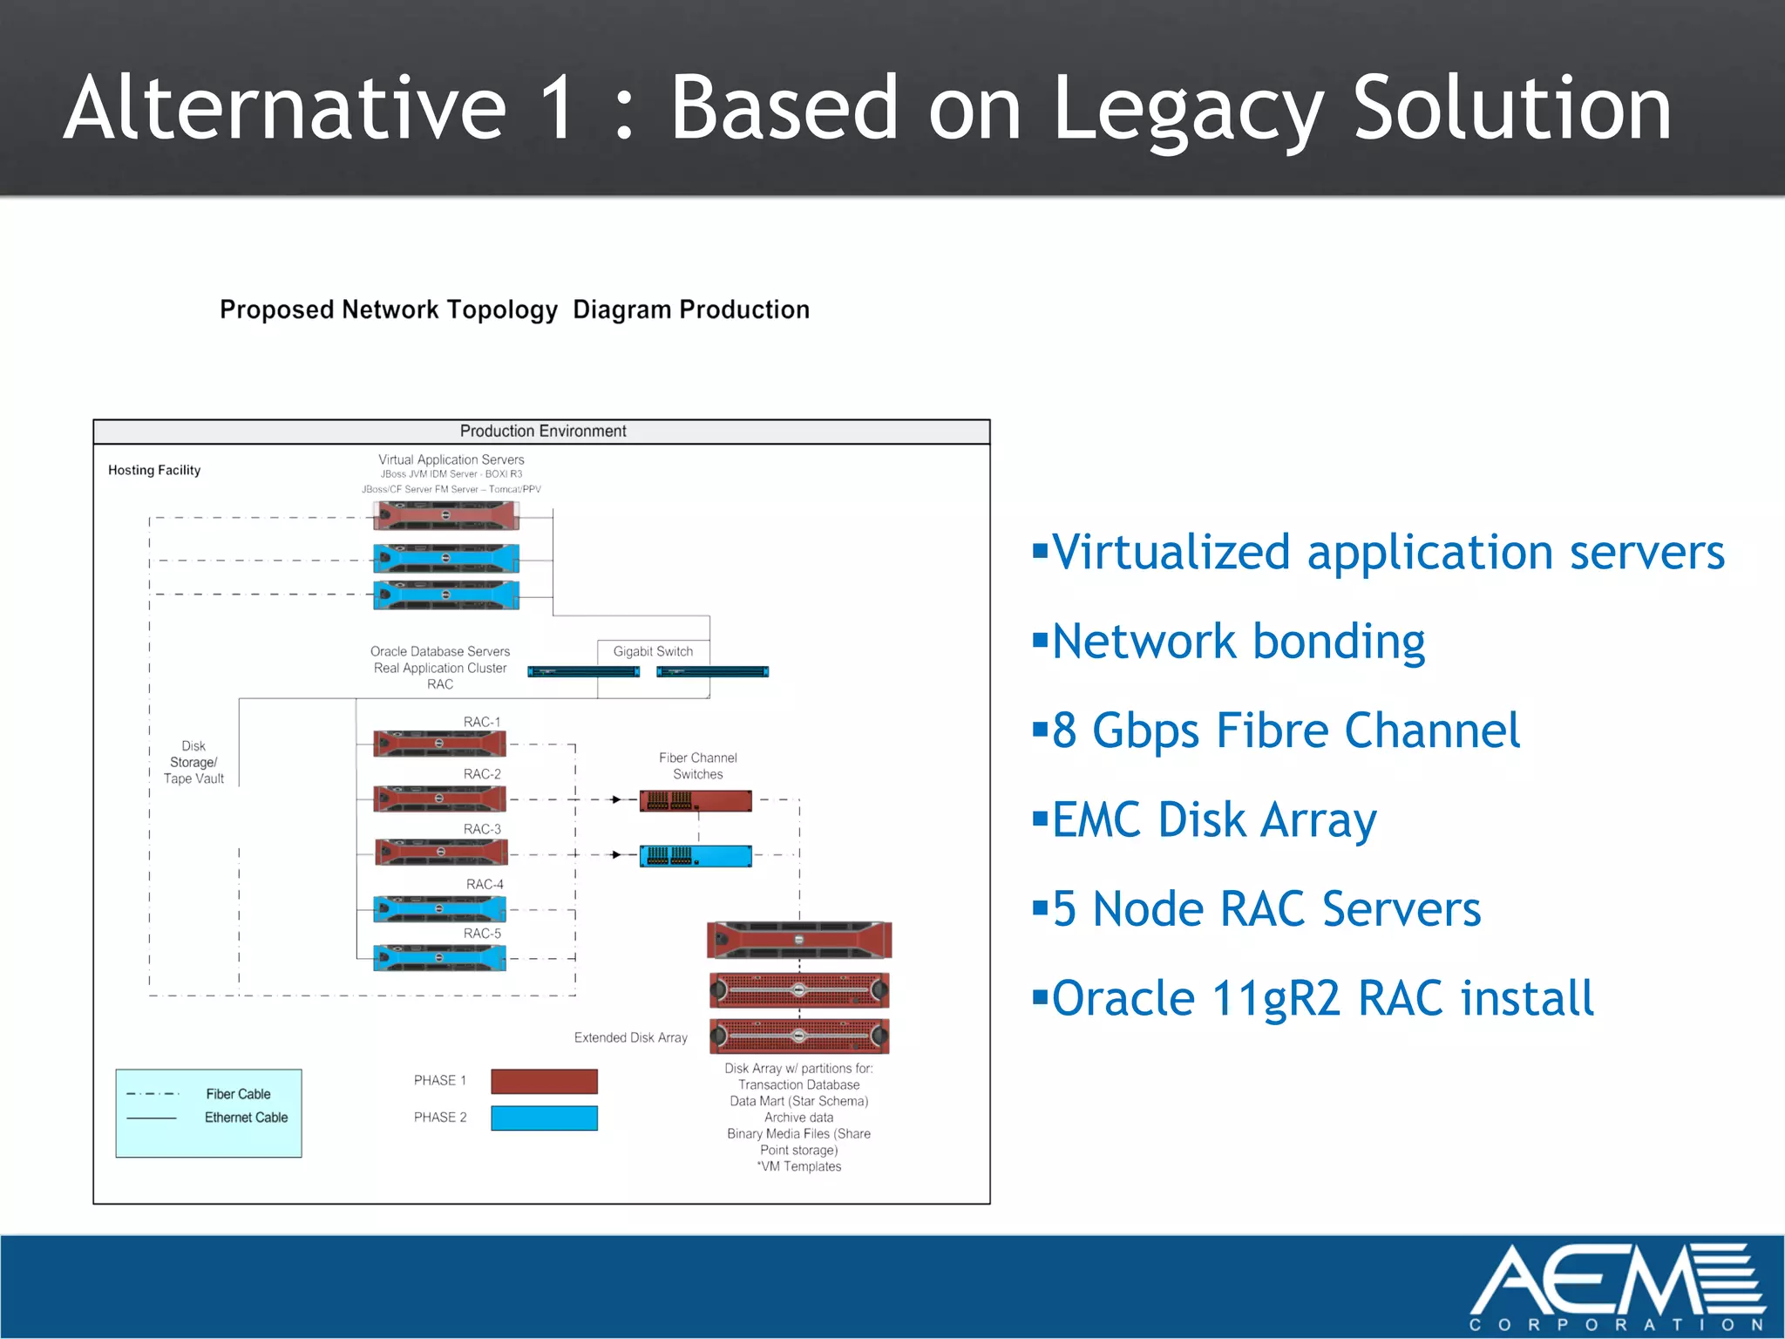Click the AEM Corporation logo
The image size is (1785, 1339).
[1617, 1286]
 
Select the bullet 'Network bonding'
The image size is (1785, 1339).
[1238, 642]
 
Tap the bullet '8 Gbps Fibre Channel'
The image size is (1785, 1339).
[1286, 731]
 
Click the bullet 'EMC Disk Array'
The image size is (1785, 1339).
[1213, 820]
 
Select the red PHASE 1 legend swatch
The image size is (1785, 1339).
[544, 1081]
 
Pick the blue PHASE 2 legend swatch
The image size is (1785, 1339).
[544, 1118]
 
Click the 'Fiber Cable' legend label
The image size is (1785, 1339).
[238, 1094]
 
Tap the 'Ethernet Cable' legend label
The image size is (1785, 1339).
[246, 1118]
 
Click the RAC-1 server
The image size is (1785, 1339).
[439, 744]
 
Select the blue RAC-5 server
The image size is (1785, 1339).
[439, 957]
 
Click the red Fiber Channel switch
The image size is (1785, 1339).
[696, 800]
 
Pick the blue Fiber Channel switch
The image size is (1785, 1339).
[696, 855]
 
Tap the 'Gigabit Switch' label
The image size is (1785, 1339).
[653, 651]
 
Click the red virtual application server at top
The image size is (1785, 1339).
[446, 516]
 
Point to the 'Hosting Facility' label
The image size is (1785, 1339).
[154, 470]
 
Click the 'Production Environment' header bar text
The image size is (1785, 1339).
[543, 431]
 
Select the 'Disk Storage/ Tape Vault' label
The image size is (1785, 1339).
[193, 763]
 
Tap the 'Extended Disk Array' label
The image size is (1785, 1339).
[630, 1037]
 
